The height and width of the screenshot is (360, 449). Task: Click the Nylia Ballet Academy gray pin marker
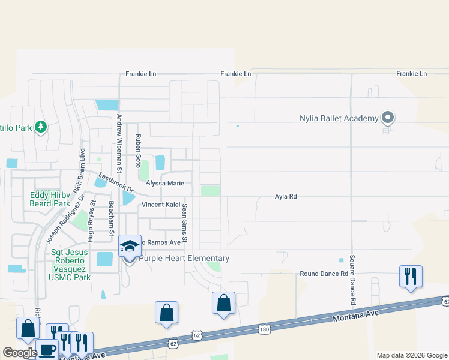(x=388, y=118)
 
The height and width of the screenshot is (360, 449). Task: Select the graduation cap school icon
(x=130, y=246)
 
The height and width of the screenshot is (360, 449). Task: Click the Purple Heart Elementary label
(x=184, y=259)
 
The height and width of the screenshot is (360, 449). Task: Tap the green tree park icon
(x=40, y=127)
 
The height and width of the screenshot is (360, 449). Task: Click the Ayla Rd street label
(x=286, y=196)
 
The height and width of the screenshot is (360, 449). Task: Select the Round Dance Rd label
(x=324, y=274)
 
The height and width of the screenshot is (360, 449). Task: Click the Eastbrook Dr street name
(x=115, y=182)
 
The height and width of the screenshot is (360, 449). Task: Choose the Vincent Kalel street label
(x=161, y=205)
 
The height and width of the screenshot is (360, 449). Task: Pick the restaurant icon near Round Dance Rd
(x=411, y=277)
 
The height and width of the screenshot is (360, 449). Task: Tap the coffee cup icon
(x=47, y=351)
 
